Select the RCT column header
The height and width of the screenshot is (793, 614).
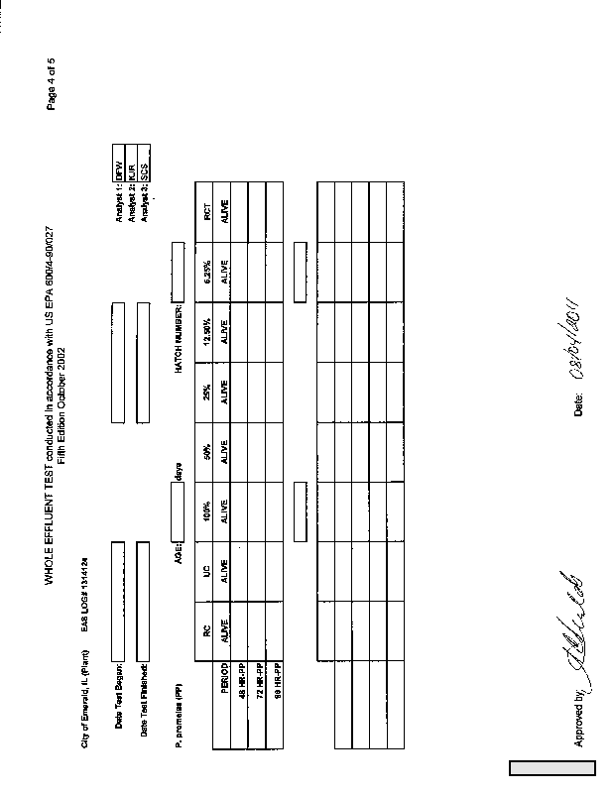coord(207,210)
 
